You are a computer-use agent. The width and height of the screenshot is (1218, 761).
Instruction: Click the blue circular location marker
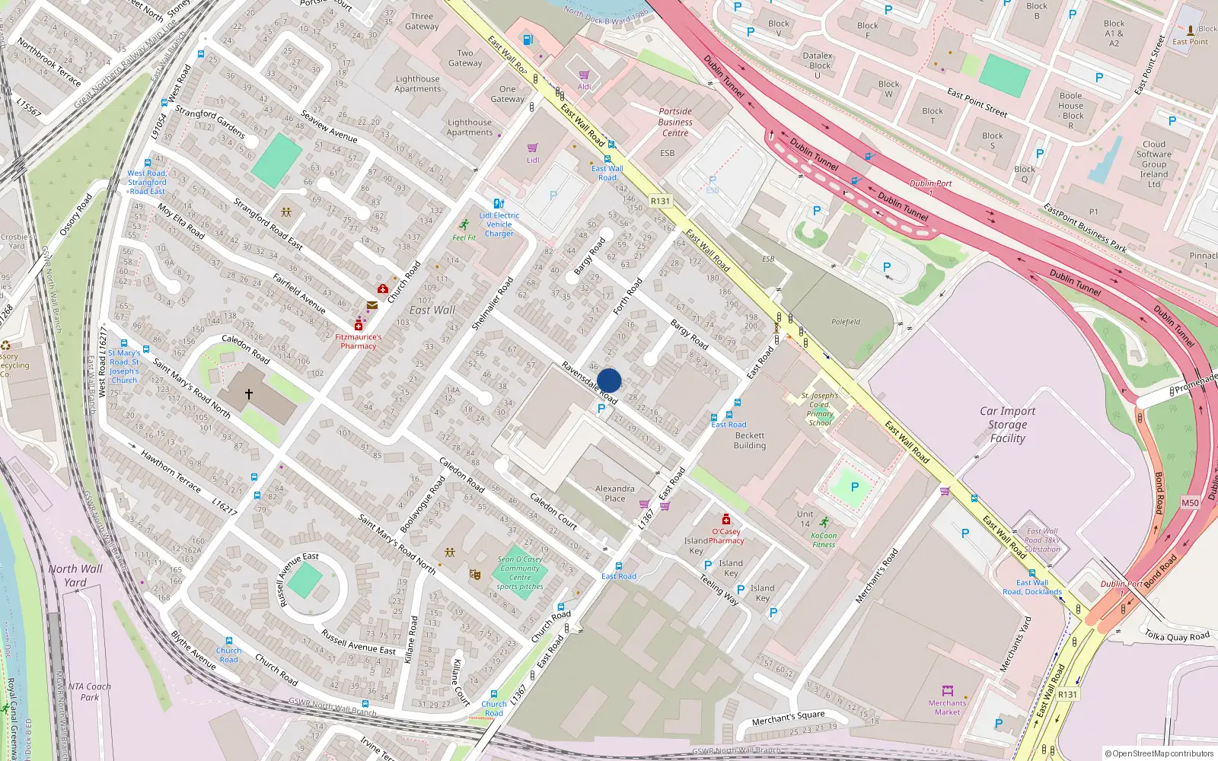(x=609, y=380)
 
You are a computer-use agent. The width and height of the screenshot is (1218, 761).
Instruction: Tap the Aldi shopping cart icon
(x=584, y=75)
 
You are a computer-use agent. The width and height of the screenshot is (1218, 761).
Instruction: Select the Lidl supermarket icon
(x=533, y=148)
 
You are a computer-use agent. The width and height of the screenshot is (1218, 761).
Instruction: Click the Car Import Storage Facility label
(x=1007, y=425)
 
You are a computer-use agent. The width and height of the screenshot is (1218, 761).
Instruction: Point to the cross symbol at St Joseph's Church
(x=248, y=394)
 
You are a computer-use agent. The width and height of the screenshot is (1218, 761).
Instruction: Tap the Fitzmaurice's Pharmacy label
(x=358, y=341)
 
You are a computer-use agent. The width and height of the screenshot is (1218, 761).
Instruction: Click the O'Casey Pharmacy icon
(x=726, y=519)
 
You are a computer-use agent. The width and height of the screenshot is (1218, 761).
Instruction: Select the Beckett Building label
(x=749, y=441)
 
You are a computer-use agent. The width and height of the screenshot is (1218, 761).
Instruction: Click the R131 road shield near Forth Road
(x=660, y=202)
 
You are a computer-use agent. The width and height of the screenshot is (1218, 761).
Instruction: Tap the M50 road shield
(x=1190, y=503)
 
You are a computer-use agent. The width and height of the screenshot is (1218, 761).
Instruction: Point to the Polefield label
(x=845, y=322)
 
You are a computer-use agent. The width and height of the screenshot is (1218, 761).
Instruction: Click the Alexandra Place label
(x=614, y=494)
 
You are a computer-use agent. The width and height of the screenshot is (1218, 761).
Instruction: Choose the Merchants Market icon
(x=948, y=691)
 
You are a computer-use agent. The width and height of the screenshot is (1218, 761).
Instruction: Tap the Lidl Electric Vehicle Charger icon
(x=499, y=204)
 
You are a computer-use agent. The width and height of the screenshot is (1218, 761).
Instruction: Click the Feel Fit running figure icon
(x=464, y=224)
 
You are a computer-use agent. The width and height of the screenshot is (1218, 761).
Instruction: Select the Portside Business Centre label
(x=675, y=122)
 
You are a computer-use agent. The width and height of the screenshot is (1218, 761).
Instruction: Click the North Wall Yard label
(x=75, y=575)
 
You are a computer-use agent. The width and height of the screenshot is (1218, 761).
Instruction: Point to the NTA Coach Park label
(x=89, y=692)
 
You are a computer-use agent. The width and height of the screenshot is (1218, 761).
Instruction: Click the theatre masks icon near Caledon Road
(x=475, y=575)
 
